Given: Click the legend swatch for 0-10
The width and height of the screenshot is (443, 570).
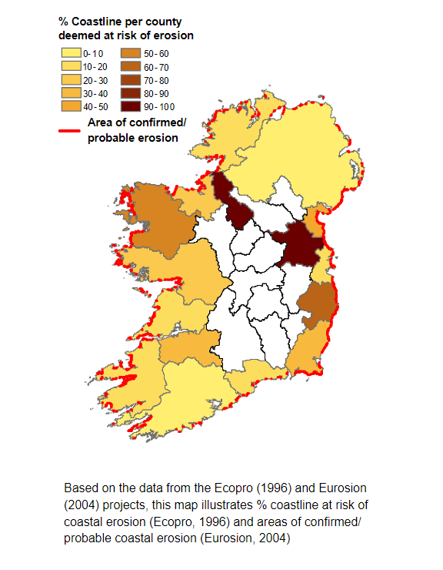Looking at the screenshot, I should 71,53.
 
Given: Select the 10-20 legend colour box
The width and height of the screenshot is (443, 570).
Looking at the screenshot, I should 71,66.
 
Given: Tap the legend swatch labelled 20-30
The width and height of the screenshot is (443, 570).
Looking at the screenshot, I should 71,79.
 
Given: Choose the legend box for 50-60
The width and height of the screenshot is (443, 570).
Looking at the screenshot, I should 131,53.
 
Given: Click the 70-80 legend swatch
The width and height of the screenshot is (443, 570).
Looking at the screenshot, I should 131,79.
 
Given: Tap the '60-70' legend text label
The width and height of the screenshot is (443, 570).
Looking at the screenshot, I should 154,66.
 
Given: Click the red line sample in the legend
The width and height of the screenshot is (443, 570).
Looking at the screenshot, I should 70,132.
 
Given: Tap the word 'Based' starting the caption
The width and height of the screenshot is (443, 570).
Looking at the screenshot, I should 80,488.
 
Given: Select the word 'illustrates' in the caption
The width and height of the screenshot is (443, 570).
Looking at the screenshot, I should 233,505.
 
